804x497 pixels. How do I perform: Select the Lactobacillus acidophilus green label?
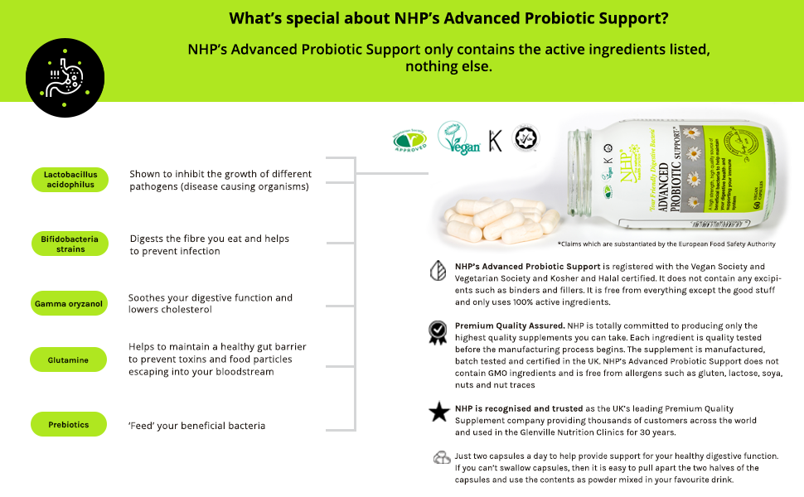[71, 180]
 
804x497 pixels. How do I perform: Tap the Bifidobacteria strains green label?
[70, 244]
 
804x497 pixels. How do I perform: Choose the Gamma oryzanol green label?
[69, 304]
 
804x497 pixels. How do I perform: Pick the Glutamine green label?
[69, 360]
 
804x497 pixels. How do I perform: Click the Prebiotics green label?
[69, 425]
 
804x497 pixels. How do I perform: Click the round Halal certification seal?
[526, 138]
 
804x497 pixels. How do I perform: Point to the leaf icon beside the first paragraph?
[437, 272]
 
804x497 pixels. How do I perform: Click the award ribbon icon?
[437, 332]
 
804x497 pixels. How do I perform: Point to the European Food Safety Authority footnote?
[661, 244]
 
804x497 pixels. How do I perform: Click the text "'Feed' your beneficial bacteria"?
[197, 426]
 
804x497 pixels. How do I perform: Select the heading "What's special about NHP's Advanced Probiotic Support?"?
[449, 18]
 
